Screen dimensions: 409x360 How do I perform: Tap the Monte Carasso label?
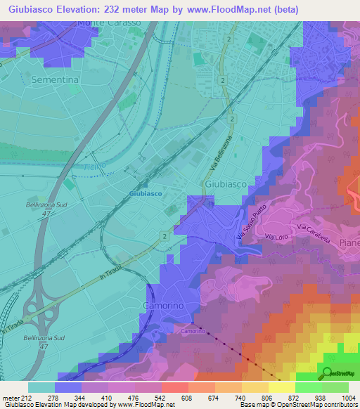point(109,22)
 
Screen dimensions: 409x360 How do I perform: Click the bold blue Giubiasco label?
point(146,193)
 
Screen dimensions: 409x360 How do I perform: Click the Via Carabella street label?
point(314,233)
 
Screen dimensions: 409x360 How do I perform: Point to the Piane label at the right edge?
point(349,242)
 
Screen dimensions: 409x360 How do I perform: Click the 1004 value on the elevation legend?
point(349,397)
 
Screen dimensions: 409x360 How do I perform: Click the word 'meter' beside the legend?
point(10,397)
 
